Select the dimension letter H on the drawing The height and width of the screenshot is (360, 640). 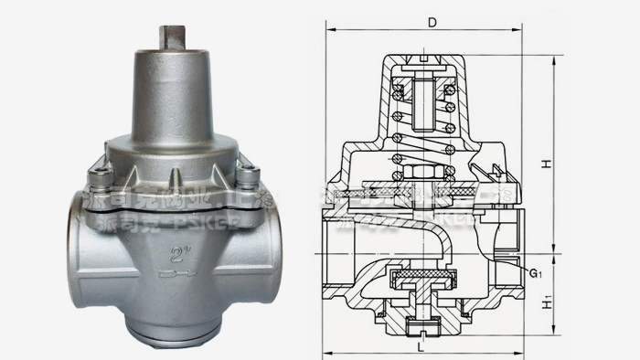545,164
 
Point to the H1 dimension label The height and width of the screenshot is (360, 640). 546,296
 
